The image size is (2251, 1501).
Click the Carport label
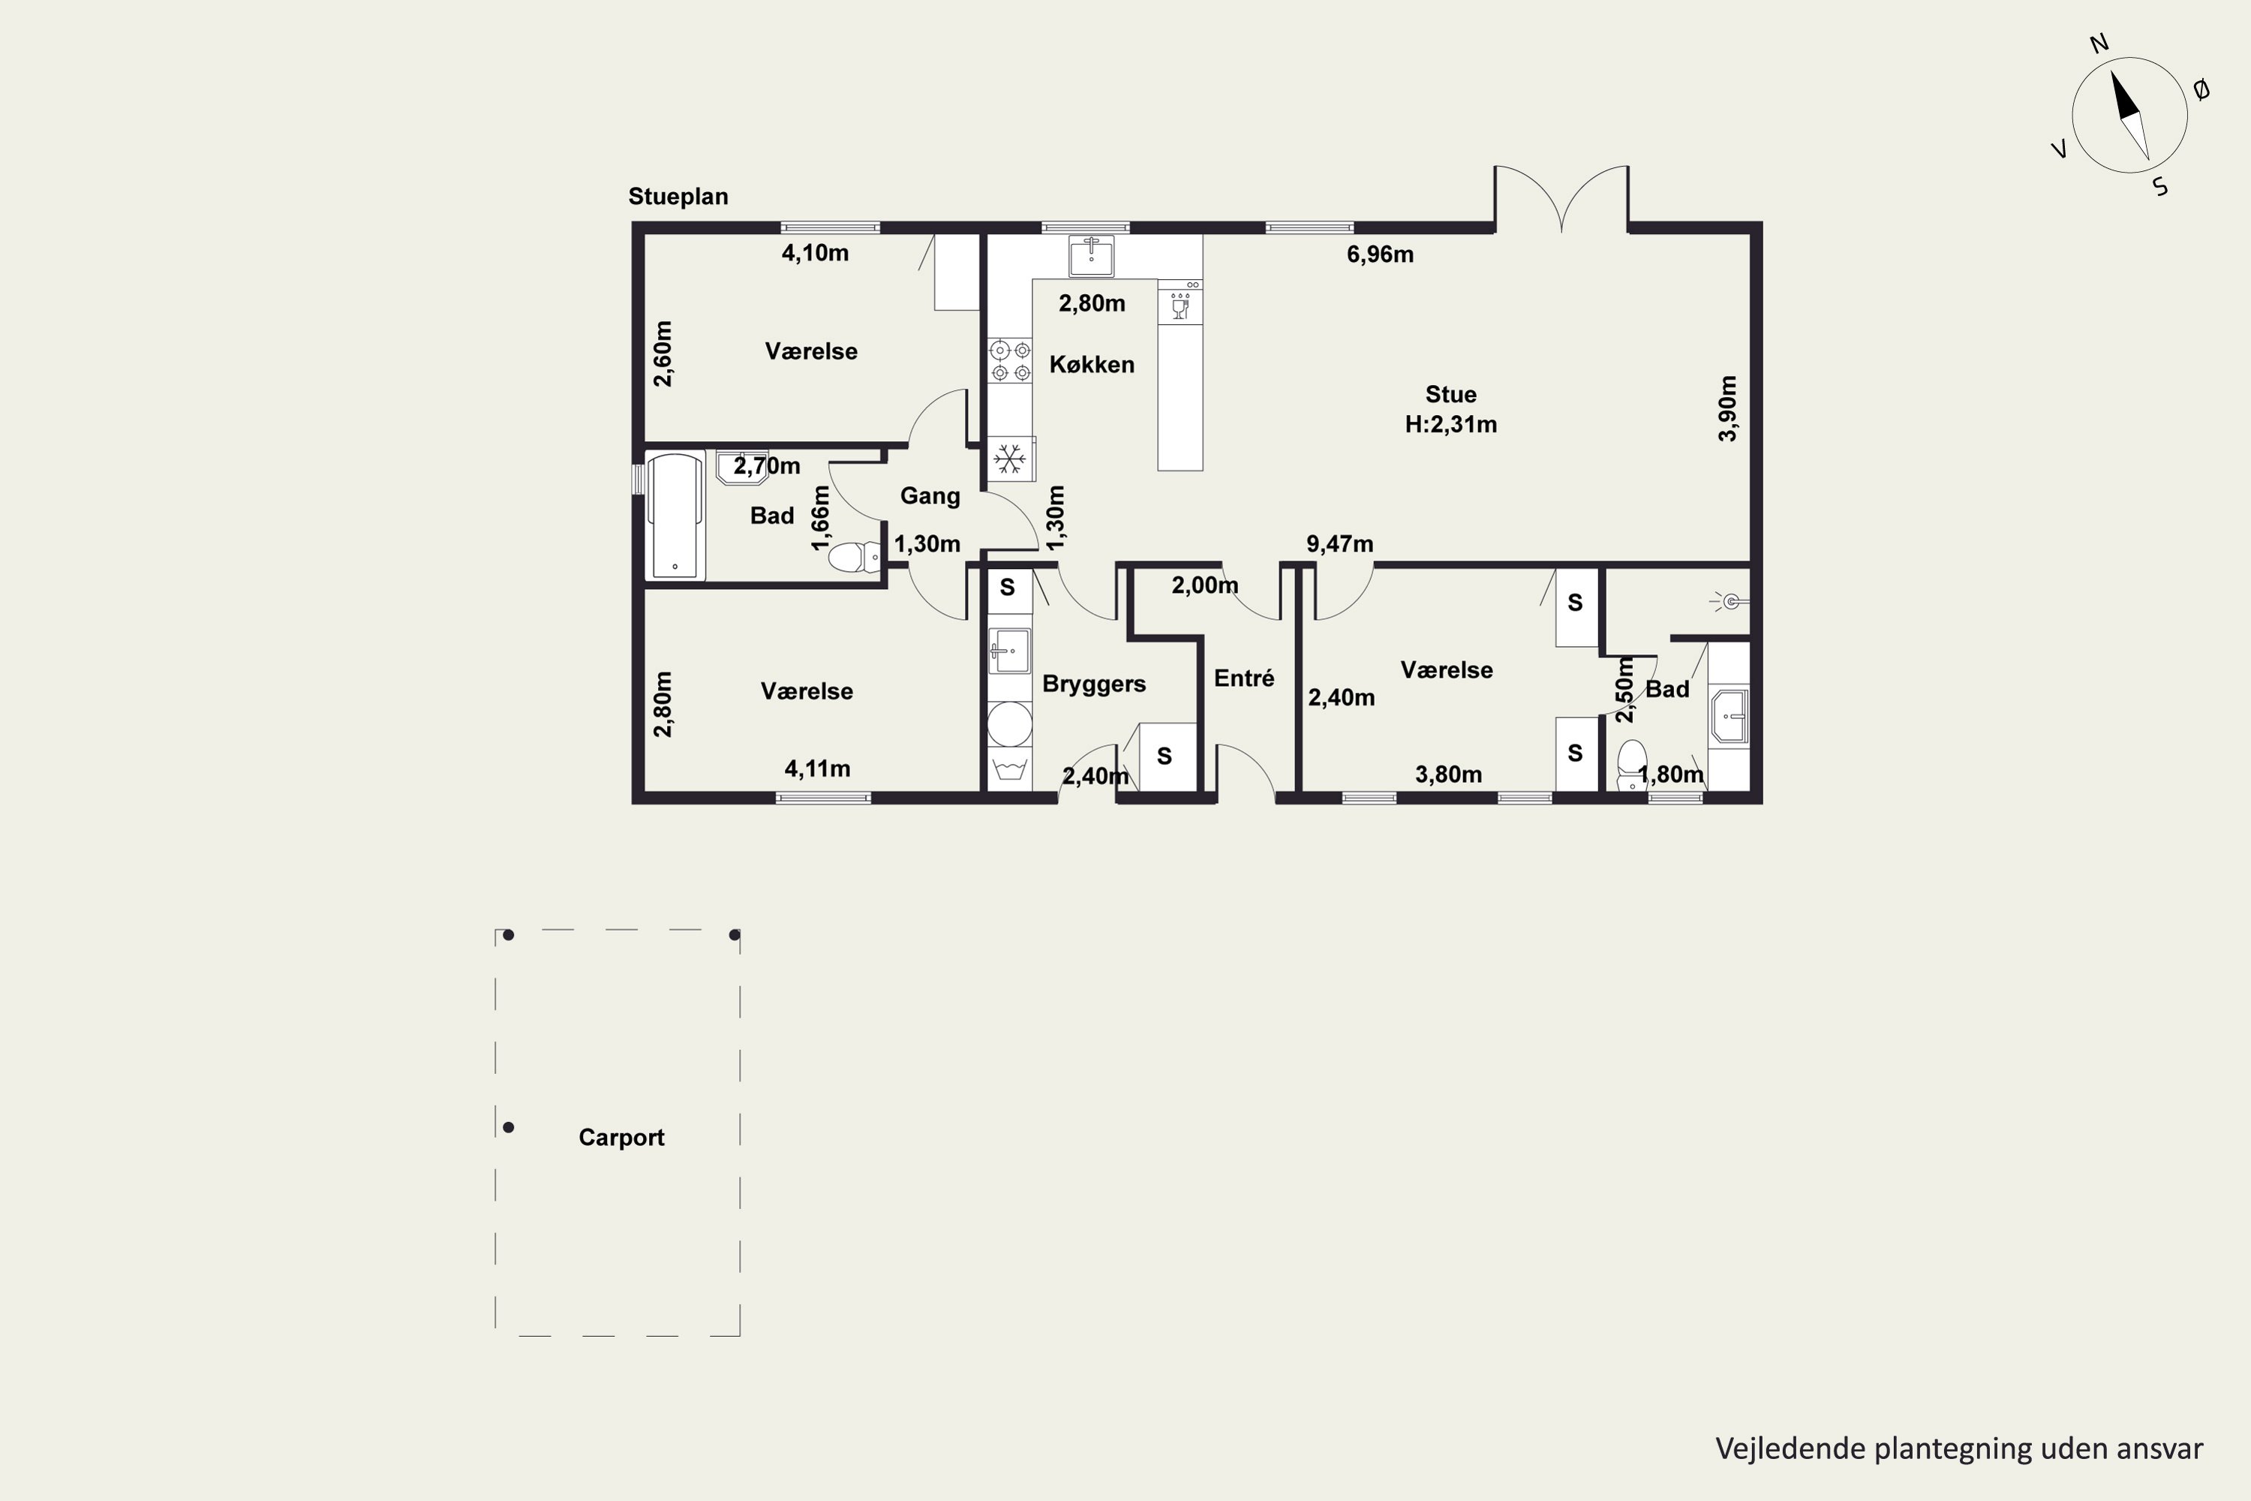click(x=621, y=1137)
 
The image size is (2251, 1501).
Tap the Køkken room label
click(x=1092, y=365)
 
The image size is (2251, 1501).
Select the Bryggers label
click(x=1094, y=684)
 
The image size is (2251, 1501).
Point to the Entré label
click(x=1244, y=678)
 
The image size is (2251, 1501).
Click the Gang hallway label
click(x=930, y=496)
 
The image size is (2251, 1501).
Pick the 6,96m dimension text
click(x=1380, y=254)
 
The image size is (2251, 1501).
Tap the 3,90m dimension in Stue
click(x=1727, y=408)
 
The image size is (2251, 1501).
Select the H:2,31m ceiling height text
click(x=1451, y=424)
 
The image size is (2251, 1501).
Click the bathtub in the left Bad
click(x=677, y=517)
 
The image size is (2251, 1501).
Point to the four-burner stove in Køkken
click(x=1011, y=361)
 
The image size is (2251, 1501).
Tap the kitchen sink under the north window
click(x=1091, y=256)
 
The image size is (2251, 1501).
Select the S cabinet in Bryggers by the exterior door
click(x=1164, y=757)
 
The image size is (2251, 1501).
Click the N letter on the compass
click(x=2099, y=70)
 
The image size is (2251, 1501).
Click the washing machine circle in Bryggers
click(x=1010, y=723)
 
